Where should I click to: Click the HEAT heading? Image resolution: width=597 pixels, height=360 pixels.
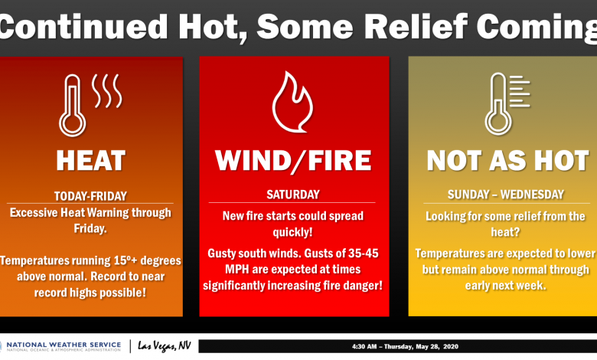tap(90, 160)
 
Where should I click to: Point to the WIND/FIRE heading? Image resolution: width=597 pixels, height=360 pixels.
tap(293, 161)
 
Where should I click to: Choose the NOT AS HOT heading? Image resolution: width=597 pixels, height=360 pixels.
tap(507, 160)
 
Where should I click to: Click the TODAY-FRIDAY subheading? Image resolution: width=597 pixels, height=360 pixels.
tap(90, 196)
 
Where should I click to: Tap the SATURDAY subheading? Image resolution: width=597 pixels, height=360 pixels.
tap(293, 195)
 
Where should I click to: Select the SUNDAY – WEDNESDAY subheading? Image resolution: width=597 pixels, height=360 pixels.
tap(506, 195)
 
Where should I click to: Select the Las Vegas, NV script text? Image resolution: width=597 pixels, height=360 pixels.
tap(164, 346)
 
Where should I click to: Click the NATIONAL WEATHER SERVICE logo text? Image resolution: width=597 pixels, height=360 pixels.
tap(64, 345)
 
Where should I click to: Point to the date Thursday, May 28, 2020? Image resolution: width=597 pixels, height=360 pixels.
tap(421, 347)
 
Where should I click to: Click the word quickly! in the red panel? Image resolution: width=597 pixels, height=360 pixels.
tap(292, 232)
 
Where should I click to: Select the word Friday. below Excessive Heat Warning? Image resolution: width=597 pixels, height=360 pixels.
tap(90, 228)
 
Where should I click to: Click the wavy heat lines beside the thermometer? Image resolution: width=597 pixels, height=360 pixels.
tap(107, 91)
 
